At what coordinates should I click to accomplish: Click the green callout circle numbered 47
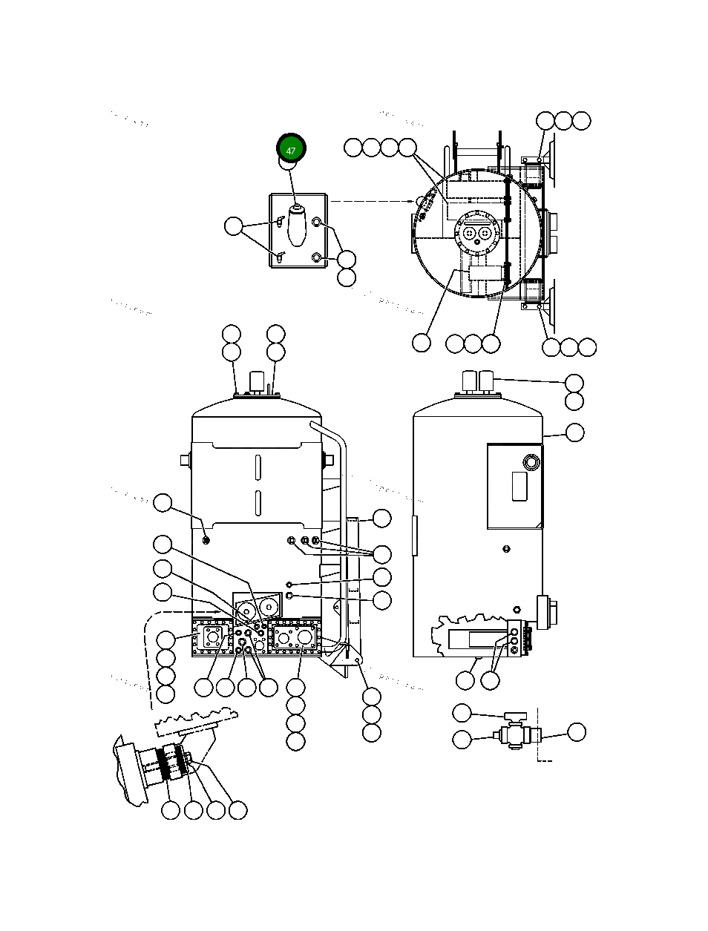(x=291, y=150)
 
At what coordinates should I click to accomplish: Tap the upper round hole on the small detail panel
(x=317, y=222)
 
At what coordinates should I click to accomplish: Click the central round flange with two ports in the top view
(x=475, y=233)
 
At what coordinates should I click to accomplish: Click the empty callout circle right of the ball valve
(x=576, y=732)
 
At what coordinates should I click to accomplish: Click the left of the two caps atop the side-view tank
(x=469, y=381)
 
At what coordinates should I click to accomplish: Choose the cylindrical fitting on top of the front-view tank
(x=257, y=383)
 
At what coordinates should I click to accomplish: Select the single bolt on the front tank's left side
(x=206, y=539)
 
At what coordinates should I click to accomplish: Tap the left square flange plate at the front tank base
(x=213, y=639)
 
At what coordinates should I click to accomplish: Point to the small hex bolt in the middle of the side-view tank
(x=505, y=549)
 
